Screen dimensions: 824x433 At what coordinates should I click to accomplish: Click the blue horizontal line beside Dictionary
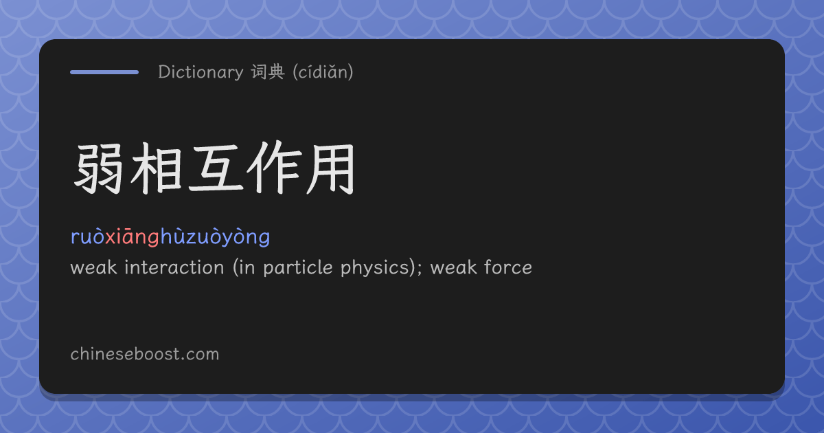coord(104,72)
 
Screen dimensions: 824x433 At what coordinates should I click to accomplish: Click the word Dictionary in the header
coord(201,71)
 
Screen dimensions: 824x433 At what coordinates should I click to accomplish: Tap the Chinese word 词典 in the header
coord(268,71)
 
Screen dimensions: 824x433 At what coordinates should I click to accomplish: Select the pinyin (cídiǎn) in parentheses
coord(323,71)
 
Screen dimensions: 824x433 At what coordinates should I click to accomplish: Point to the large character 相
coord(157,168)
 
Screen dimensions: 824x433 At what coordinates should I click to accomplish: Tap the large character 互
coord(216,168)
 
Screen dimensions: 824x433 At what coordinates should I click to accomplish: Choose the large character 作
coord(274,168)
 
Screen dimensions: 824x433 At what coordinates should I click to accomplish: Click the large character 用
coord(331,168)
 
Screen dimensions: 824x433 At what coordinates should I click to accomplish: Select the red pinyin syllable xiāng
coord(133,236)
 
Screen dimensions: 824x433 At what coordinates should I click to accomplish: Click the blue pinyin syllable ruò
coord(88,236)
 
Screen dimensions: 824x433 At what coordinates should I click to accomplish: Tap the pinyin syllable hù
coord(173,236)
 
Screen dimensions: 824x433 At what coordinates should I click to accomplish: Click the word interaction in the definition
coord(174,267)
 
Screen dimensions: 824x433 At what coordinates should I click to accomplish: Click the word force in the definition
coord(508,267)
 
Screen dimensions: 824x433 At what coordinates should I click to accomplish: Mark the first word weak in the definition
coord(94,267)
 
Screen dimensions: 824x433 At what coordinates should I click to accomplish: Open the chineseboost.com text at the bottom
coord(145,354)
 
